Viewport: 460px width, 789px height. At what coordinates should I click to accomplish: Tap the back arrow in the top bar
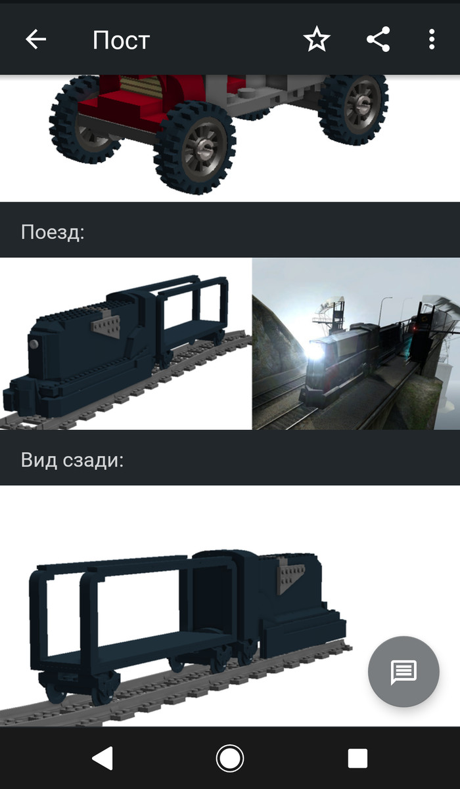coord(35,39)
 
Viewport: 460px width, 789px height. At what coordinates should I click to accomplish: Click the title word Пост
coord(122,40)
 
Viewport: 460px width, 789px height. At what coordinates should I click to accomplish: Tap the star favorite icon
coord(317,39)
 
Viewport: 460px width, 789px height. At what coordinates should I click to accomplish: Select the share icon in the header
coord(378,39)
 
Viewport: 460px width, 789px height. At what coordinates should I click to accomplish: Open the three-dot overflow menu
coord(432,39)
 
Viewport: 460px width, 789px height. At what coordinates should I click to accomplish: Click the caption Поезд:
coord(53,232)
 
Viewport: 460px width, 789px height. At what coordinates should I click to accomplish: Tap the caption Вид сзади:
coord(72,460)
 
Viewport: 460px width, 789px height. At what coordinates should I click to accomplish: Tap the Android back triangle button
coord(103,758)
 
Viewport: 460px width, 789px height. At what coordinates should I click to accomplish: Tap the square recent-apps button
coord(357,758)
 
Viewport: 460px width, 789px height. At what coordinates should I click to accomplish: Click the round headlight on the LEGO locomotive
coord(34,344)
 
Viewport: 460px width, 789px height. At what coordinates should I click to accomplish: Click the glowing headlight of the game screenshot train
coord(315,351)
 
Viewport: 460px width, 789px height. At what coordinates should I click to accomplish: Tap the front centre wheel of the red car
coord(195,147)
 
